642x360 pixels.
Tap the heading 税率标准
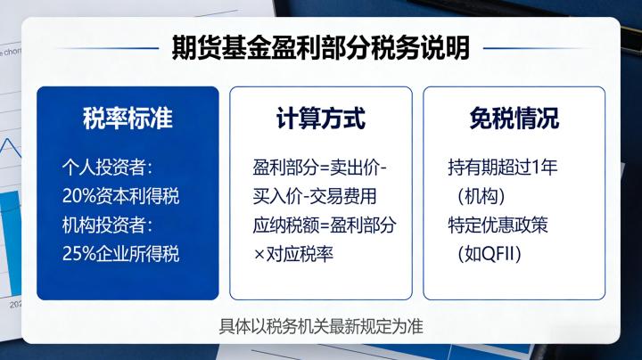click(128, 118)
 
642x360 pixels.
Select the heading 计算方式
click(321, 118)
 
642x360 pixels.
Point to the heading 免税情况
click(514, 118)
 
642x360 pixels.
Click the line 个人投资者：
click(108, 168)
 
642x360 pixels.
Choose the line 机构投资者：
click(108, 225)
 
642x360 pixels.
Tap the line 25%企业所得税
click(121, 253)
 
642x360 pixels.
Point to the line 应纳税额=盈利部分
click(325, 225)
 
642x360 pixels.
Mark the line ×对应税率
click(293, 253)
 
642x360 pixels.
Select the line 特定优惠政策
click(498, 225)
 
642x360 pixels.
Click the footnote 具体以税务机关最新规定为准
click(321, 325)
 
